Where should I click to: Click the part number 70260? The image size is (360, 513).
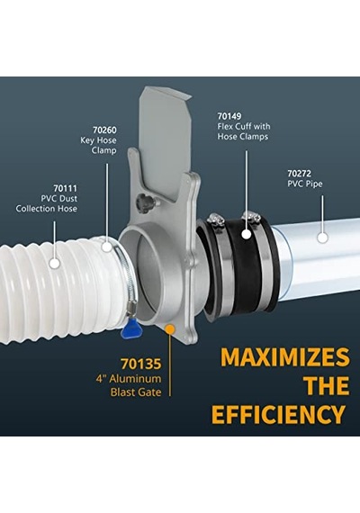(104, 130)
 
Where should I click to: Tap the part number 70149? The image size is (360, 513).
(229, 116)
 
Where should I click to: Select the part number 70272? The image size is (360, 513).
(300, 173)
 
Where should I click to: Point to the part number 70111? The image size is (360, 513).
(66, 188)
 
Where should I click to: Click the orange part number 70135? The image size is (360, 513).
(141, 364)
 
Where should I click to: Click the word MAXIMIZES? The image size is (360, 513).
(285, 357)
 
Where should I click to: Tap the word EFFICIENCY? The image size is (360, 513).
(278, 415)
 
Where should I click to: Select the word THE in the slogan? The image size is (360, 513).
(327, 386)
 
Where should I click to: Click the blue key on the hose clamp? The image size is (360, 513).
(130, 329)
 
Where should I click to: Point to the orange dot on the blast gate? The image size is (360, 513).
(169, 328)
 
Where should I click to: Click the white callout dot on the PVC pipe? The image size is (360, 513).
(323, 238)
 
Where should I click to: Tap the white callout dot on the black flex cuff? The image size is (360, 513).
(247, 234)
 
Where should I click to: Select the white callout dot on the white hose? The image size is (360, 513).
(55, 264)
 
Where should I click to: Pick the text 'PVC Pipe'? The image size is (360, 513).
(305, 184)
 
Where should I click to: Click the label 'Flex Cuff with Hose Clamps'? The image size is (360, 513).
(244, 131)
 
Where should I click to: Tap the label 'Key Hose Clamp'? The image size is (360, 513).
(98, 145)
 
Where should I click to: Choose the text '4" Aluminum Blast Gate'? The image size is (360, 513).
(129, 385)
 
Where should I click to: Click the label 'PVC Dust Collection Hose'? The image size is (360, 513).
(47, 203)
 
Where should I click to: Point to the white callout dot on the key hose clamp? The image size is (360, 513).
(107, 247)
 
